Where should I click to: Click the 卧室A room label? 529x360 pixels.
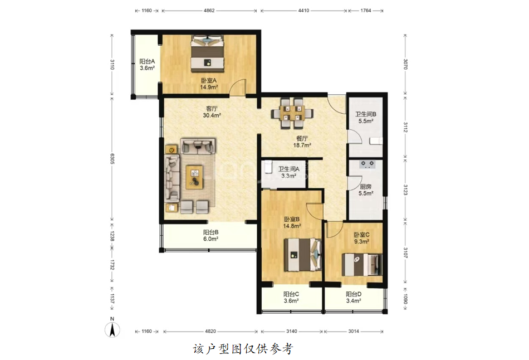(209, 80)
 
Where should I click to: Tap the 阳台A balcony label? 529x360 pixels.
(147, 61)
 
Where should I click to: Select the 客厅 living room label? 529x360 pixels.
(212, 109)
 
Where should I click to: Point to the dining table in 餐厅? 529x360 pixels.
(292, 113)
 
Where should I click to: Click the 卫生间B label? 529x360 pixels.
(366, 114)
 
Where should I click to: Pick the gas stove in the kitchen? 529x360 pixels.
(368, 164)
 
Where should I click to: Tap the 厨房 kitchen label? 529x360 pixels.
(366, 187)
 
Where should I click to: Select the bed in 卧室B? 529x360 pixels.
(302, 255)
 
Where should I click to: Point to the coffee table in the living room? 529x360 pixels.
(194, 177)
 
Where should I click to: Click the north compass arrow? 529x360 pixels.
(112, 329)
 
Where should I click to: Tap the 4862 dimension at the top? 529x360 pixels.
(209, 11)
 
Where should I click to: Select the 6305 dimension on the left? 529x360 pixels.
(112, 159)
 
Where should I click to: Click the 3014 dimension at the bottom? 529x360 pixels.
(354, 331)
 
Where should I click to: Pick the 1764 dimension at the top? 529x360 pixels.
(366, 11)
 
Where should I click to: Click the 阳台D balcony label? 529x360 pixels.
(354, 294)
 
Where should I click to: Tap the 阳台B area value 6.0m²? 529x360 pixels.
(210, 239)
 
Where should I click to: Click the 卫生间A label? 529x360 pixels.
(289, 169)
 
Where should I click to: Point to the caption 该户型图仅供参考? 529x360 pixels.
(243, 349)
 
